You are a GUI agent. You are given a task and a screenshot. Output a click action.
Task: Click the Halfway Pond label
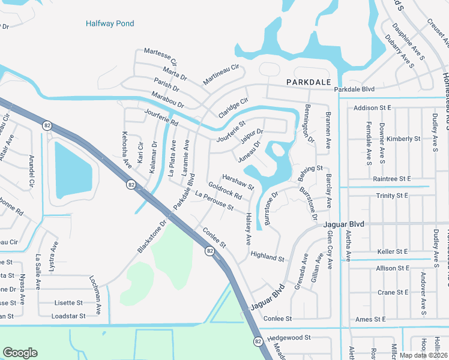click(x=110, y=24)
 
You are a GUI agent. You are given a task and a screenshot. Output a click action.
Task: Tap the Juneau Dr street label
click(x=250, y=152)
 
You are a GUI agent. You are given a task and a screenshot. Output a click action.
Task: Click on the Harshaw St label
click(x=238, y=182)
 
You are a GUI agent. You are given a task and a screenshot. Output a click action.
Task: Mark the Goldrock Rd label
click(x=225, y=192)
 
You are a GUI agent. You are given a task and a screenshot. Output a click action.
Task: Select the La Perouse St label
click(x=214, y=201)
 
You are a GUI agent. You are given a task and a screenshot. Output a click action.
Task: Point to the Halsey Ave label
click(x=249, y=229)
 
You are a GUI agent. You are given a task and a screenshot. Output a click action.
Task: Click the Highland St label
click(x=267, y=257)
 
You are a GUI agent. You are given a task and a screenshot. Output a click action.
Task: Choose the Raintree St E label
click(x=391, y=179)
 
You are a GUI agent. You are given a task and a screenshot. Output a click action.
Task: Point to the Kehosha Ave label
click(x=126, y=149)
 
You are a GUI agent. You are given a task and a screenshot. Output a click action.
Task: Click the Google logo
click(x=20, y=353)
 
